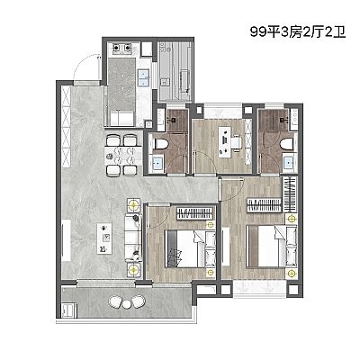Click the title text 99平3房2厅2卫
[x=298, y=31]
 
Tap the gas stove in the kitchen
[x=122, y=48]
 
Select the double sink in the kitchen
[x=143, y=77]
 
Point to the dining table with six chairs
[x=123, y=155]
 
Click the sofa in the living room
[x=133, y=238]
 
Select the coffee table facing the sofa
[x=104, y=238]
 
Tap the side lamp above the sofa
[x=133, y=205]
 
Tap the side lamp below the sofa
[x=133, y=269]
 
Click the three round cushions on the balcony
[x=127, y=301]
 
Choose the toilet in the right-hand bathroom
[x=288, y=144]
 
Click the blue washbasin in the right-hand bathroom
[x=290, y=163]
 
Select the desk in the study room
[x=224, y=142]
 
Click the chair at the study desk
[x=236, y=142]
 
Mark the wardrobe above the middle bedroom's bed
[x=195, y=214]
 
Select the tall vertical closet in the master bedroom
[x=290, y=194]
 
